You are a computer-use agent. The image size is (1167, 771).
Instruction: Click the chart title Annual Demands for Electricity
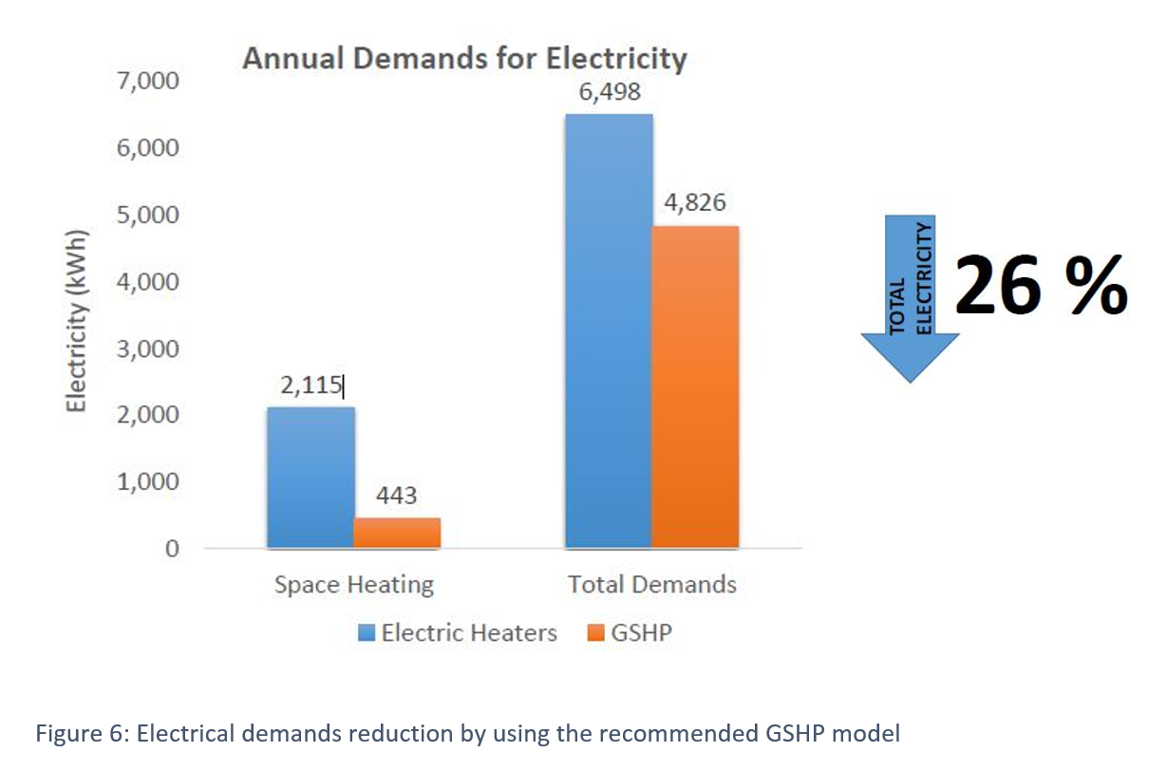(463, 58)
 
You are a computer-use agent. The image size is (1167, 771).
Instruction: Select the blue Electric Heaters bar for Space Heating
(311, 478)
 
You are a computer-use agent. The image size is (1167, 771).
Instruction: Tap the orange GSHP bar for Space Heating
(397, 533)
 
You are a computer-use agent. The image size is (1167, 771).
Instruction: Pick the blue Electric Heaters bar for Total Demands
(609, 331)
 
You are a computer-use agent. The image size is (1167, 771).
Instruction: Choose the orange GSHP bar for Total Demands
(695, 387)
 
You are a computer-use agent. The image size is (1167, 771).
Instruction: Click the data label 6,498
(609, 92)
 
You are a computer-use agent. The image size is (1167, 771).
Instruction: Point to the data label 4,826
(695, 203)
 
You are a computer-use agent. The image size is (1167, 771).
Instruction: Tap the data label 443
(397, 496)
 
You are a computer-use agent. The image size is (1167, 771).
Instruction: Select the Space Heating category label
(353, 585)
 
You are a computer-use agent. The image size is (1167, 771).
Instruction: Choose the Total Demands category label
(651, 585)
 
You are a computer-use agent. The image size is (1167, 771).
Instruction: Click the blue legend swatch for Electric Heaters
(367, 633)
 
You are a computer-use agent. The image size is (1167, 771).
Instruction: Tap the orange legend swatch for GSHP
(595, 633)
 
